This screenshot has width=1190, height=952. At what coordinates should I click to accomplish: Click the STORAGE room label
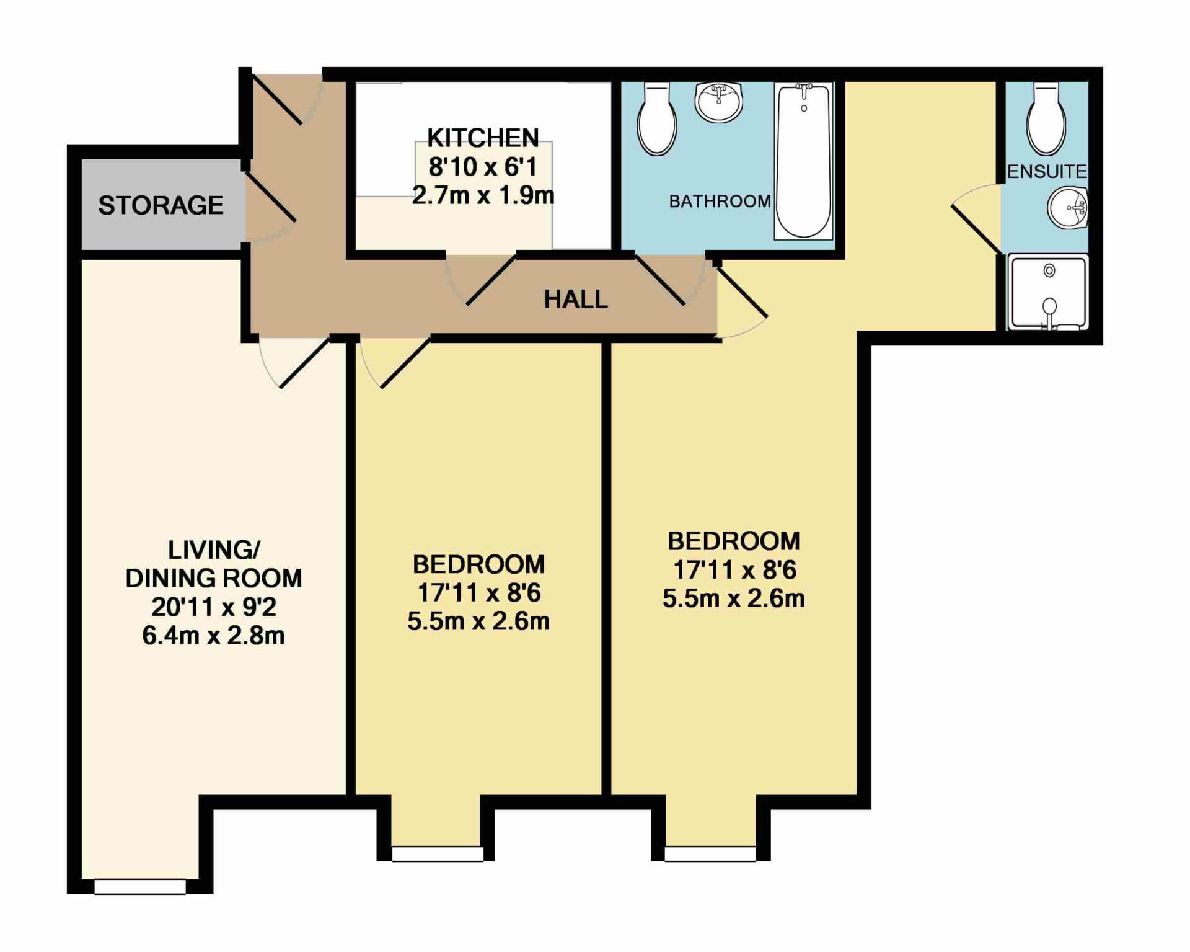161,205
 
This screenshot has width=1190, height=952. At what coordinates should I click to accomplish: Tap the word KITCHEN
483,138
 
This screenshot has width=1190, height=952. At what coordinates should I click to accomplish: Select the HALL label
576,300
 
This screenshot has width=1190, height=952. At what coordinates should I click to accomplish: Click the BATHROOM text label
720,201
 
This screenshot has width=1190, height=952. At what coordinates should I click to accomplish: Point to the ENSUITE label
1046,171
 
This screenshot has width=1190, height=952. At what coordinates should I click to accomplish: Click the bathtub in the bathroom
803,161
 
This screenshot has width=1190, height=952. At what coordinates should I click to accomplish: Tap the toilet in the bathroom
657,119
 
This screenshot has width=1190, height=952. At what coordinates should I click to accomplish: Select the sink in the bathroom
718,102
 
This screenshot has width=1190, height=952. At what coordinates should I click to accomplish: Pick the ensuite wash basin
1068,208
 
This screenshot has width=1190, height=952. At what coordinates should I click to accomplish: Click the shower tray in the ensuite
1047,291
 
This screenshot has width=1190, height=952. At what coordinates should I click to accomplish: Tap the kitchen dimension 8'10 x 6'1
483,167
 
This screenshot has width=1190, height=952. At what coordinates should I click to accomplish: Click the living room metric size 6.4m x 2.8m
213,636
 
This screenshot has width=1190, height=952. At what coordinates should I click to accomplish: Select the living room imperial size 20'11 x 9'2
214,607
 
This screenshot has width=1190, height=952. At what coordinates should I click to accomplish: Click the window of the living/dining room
140,886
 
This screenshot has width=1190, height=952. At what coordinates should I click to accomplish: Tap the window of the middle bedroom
438,854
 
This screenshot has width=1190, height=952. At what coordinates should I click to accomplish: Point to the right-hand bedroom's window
710,854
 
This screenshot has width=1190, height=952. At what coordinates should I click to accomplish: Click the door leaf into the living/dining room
304,363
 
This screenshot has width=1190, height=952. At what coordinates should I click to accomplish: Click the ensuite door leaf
977,230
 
